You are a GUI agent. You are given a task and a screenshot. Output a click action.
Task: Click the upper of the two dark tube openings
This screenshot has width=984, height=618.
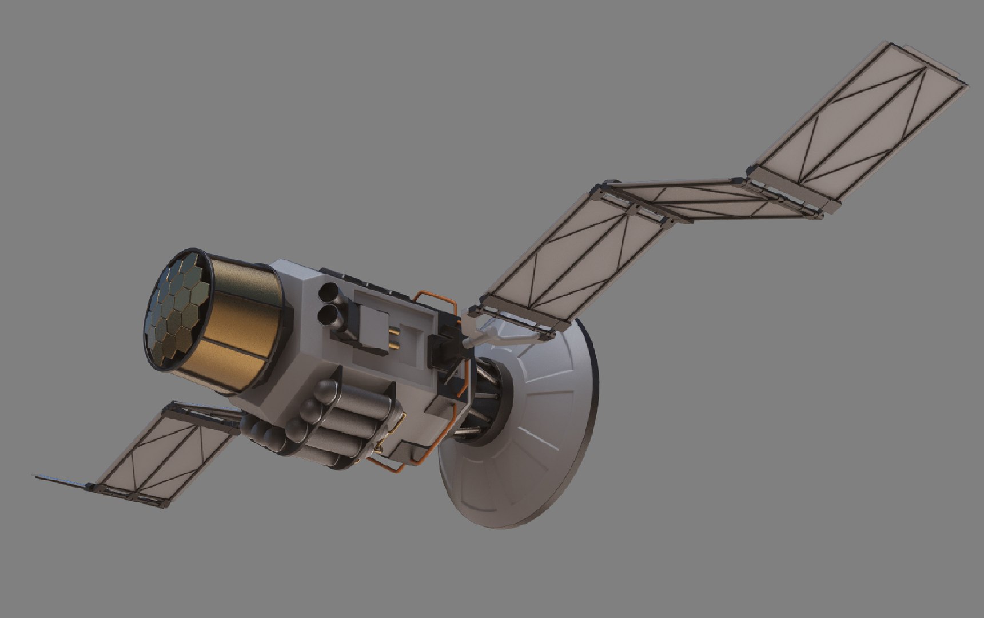(329, 292)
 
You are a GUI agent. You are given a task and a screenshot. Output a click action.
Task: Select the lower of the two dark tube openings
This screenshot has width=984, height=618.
(328, 314)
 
